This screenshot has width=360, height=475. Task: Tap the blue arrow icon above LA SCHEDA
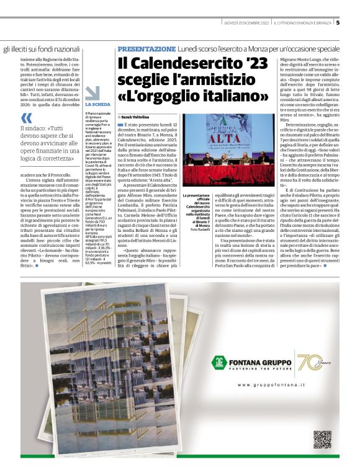click(x=92, y=92)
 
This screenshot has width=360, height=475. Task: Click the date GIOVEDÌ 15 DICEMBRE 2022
click(x=247, y=23)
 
